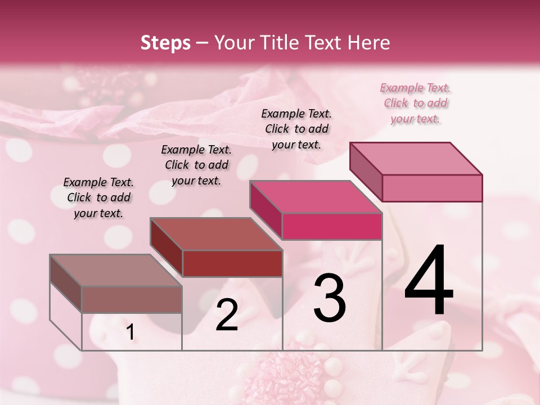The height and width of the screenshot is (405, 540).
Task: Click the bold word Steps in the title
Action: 165,43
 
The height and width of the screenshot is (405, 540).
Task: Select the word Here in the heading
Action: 370,43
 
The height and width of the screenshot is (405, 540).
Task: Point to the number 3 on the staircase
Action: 329,298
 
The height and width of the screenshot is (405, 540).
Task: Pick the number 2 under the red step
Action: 227,315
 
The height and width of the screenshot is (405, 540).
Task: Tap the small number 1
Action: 130,332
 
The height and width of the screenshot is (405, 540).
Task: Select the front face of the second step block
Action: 232,263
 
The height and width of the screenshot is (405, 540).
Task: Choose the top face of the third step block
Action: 316,197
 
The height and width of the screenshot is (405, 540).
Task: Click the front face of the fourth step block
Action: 432,188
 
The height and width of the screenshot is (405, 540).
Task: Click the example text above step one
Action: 98,197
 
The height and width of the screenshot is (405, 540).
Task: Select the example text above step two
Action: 196,165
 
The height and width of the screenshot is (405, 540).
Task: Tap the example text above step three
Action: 296,129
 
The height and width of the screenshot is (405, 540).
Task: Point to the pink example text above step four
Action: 415,103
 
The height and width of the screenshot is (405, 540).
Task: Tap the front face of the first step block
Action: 132,299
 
